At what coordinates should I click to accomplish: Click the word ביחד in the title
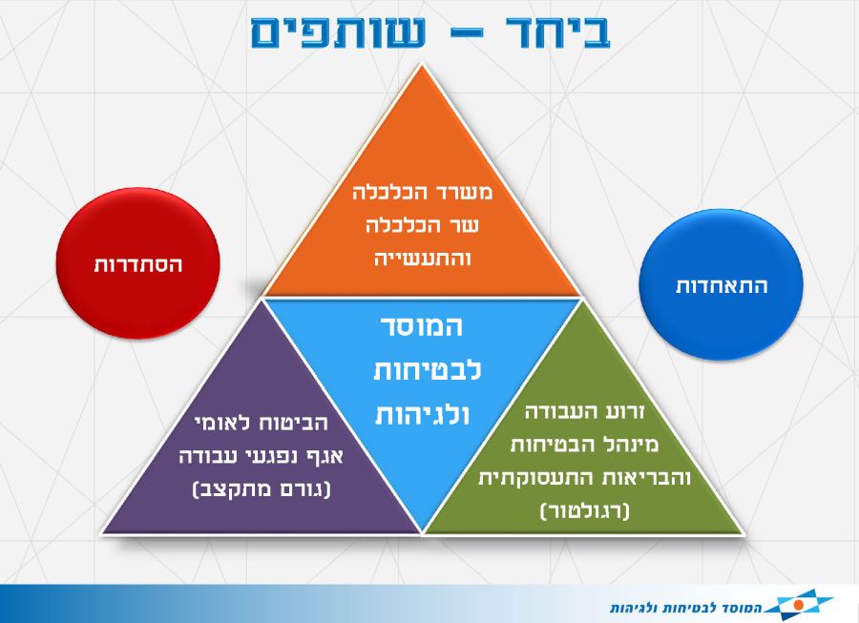click(x=557, y=32)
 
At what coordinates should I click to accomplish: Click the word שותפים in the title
click(x=338, y=32)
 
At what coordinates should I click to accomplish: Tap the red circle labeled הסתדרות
click(x=137, y=263)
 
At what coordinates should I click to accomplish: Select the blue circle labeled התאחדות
click(x=721, y=284)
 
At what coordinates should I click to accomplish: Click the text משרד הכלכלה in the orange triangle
click(x=422, y=192)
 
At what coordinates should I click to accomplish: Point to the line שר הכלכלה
click(x=422, y=225)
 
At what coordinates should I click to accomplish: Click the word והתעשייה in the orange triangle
click(x=422, y=258)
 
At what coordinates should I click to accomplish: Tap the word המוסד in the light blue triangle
click(x=422, y=326)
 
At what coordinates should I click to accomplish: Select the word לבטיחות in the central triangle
click(x=428, y=370)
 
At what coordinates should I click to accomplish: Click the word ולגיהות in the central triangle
click(x=422, y=414)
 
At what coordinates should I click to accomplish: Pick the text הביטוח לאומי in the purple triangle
click(x=262, y=423)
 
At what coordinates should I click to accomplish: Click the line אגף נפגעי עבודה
click(x=261, y=455)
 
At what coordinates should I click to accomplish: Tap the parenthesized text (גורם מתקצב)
click(x=262, y=488)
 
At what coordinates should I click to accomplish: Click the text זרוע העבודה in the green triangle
click(x=584, y=412)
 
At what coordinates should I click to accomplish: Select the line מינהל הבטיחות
click(x=584, y=445)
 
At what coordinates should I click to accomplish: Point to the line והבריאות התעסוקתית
click(x=584, y=477)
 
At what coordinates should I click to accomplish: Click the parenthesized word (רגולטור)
click(x=584, y=510)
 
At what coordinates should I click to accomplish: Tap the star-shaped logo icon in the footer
click(x=799, y=604)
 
